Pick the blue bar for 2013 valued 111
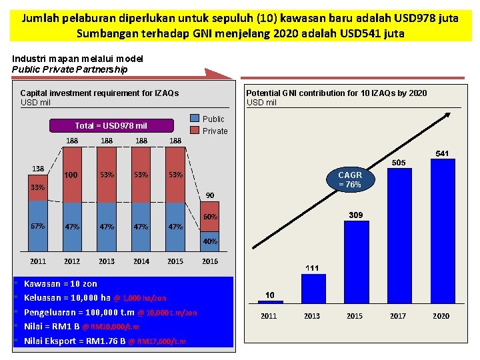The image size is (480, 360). click(x=313, y=288)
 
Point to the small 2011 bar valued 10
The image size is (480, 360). click(x=270, y=301)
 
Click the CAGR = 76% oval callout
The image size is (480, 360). click(x=350, y=179)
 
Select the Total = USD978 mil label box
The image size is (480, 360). click(x=111, y=125)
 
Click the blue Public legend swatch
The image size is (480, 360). click(x=195, y=119)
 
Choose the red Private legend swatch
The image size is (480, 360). click(x=195, y=131)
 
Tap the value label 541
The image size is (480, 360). click(x=442, y=153)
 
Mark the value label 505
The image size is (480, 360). click(x=398, y=163)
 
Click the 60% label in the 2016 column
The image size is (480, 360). click(x=210, y=217)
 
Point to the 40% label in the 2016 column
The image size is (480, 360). click(x=210, y=241)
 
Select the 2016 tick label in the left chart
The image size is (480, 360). click(x=210, y=261)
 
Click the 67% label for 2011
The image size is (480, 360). click(x=38, y=226)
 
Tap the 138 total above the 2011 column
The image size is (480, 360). click(x=38, y=168)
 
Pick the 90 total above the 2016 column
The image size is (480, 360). click(x=210, y=195)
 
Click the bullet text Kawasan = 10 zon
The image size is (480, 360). click(x=61, y=284)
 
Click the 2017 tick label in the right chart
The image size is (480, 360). click(x=398, y=316)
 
